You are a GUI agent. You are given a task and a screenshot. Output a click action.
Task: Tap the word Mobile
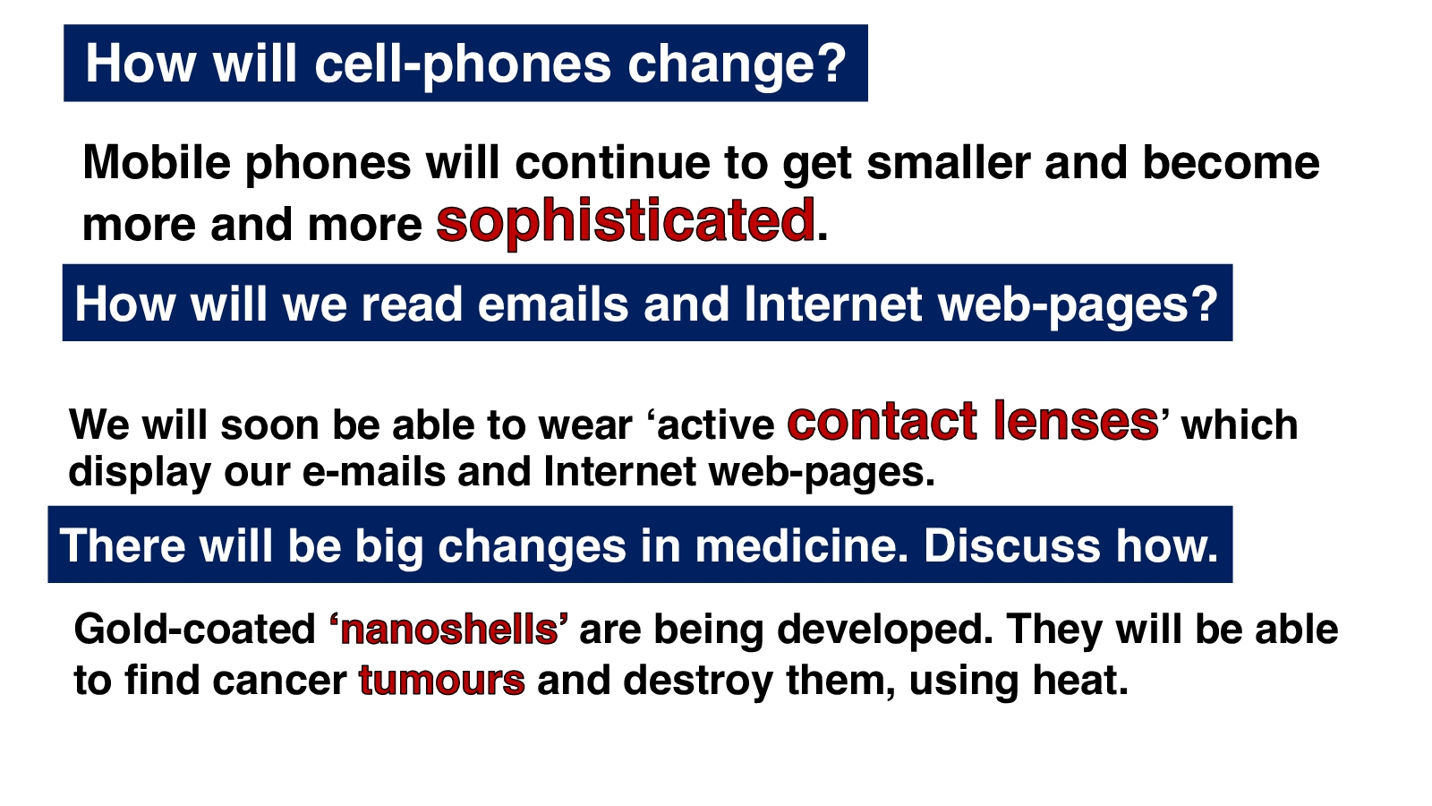pyautogui.click(x=157, y=162)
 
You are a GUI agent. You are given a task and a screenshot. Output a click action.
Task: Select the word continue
pyautogui.click(x=612, y=162)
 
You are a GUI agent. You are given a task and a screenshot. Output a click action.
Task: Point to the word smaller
pyautogui.click(x=949, y=162)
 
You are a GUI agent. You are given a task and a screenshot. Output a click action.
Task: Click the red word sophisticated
pyautogui.click(x=626, y=221)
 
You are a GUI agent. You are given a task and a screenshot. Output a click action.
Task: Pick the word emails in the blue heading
pyautogui.click(x=552, y=304)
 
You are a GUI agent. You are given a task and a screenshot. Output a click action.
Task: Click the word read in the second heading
pyautogui.click(x=412, y=304)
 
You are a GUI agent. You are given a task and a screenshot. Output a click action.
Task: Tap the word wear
pyautogui.click(x=585, y=424)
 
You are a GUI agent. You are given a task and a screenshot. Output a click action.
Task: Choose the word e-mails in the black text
pyautogui.click(x=373, y=472)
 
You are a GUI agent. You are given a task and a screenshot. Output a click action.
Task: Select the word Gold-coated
pyautogui.click(x=195, y=629)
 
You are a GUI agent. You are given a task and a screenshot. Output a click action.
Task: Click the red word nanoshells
pyautogui.click(x=449, y=630)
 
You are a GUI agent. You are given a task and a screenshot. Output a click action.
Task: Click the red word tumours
pyautogui.click(x=442, y=680)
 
